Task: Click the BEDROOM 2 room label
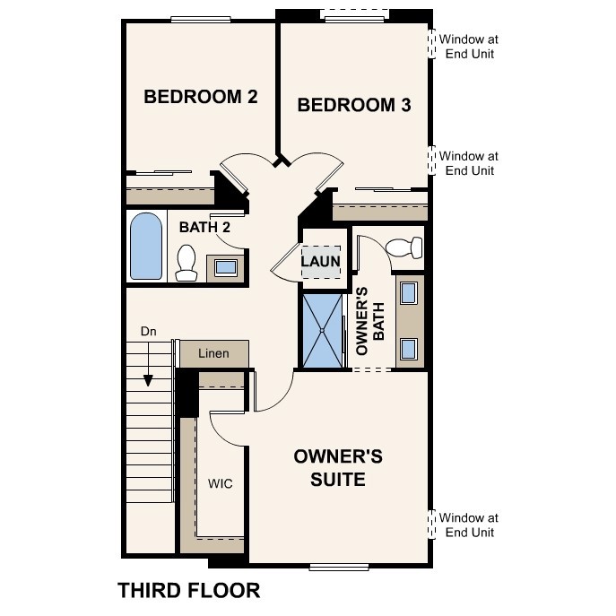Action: pyautogui.click(x=201, y=97)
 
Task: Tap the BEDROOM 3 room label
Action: pyautogui.click(x=353, y=106)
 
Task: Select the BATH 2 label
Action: pyautogui.click(x=204, y=228)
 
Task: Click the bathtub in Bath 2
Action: pyautogui.click(x=145, y=247)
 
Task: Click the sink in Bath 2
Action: pyautogui.click(x=224, y=266)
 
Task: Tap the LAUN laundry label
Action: pyautogui.click(x=320, y=262)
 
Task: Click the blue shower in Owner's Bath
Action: pyautogui.click(x=323, y=331)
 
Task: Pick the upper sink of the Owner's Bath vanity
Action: pyautogui.click(x=408, y=293)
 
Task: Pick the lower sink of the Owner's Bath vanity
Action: pyautogui.click(x=408, y=348)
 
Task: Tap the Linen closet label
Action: pyautogui.click(x=213, y=353)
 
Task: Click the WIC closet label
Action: pyautogui.click(x=221, y=484)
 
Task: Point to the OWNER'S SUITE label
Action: pyautogui.click(x=338, y=468)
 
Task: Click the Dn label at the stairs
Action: pyautogui.click(x=149, y=332)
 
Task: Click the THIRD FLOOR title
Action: pyautogui.click(x=189, y=590)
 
